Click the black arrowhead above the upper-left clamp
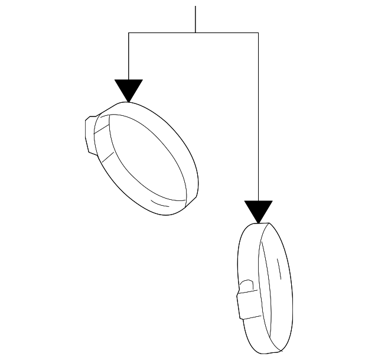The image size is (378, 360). [129, 89]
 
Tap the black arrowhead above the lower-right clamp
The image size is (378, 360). [258, 210]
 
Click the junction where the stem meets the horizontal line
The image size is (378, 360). [195, 33]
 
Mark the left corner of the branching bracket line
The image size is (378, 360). [129, 33]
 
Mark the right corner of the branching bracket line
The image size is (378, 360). [258, 33]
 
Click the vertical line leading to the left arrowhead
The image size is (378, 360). [129, 56]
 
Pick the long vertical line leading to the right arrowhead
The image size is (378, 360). [258, 118]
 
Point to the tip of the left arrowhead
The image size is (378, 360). [129, 101]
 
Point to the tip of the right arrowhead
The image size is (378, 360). [258, 223]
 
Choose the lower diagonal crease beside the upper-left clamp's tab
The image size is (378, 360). [107, 157]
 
